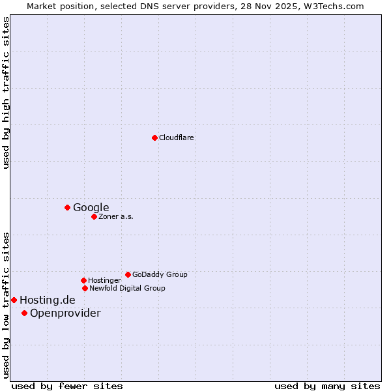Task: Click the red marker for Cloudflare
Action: point(154,138)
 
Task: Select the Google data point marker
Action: point(67,207)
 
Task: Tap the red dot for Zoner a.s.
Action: point(94,216)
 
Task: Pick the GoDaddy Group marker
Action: point(128,274)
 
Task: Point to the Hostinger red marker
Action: point(83,280)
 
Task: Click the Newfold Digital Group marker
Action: point(85,288)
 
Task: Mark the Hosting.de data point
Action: point(14,300)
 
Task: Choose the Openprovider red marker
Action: point(24,313)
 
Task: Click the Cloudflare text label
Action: point(177,138)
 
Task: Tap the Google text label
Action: point(91,208)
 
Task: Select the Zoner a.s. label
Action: point(116,216)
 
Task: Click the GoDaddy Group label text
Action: point(160,274)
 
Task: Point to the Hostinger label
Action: point(104,280)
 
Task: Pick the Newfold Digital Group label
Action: point(127,288)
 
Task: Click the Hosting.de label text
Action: point(48,300)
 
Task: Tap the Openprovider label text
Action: point(65,313)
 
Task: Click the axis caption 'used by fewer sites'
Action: point(67,386)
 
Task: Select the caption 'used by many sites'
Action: point(327,386)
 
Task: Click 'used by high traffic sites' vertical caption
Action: point(6,93)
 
